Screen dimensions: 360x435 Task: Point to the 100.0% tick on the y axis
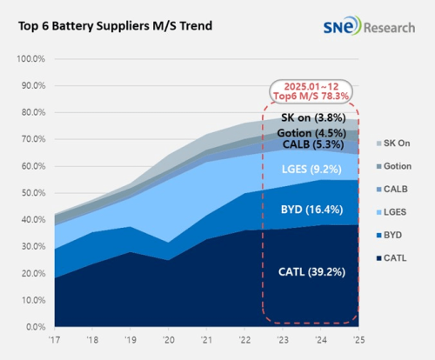pos(30,58)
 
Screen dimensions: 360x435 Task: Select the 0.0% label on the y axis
pos(35,326)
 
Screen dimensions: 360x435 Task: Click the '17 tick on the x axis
pos(56,341)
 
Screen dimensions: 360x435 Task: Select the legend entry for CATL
pos(397,258)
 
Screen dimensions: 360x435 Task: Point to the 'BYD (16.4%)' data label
pos(311,209)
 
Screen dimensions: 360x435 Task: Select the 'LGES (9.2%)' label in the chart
pos(311,167)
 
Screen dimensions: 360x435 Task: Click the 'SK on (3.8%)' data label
pos(311,119)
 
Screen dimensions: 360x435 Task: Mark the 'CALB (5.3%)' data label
pos(311,143)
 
